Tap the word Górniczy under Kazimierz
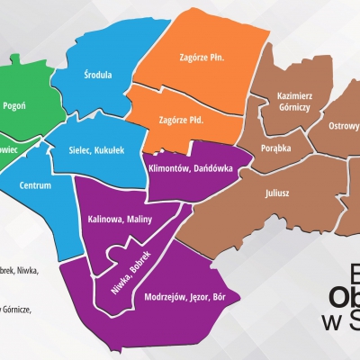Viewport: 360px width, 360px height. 296,105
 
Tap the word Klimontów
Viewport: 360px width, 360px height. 166,167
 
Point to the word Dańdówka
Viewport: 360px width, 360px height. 210,167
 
